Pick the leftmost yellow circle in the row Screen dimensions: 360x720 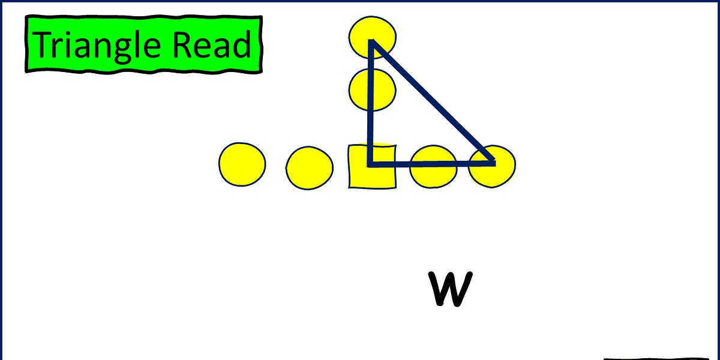242,164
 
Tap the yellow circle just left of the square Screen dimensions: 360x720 309,168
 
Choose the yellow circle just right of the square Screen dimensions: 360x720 433,167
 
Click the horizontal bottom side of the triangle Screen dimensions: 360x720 432,162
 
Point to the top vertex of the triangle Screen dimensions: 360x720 372,42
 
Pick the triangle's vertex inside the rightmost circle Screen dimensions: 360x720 493,162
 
